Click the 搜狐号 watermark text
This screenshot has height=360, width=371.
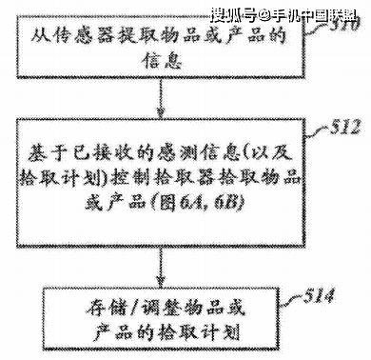(x=232, y=14)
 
